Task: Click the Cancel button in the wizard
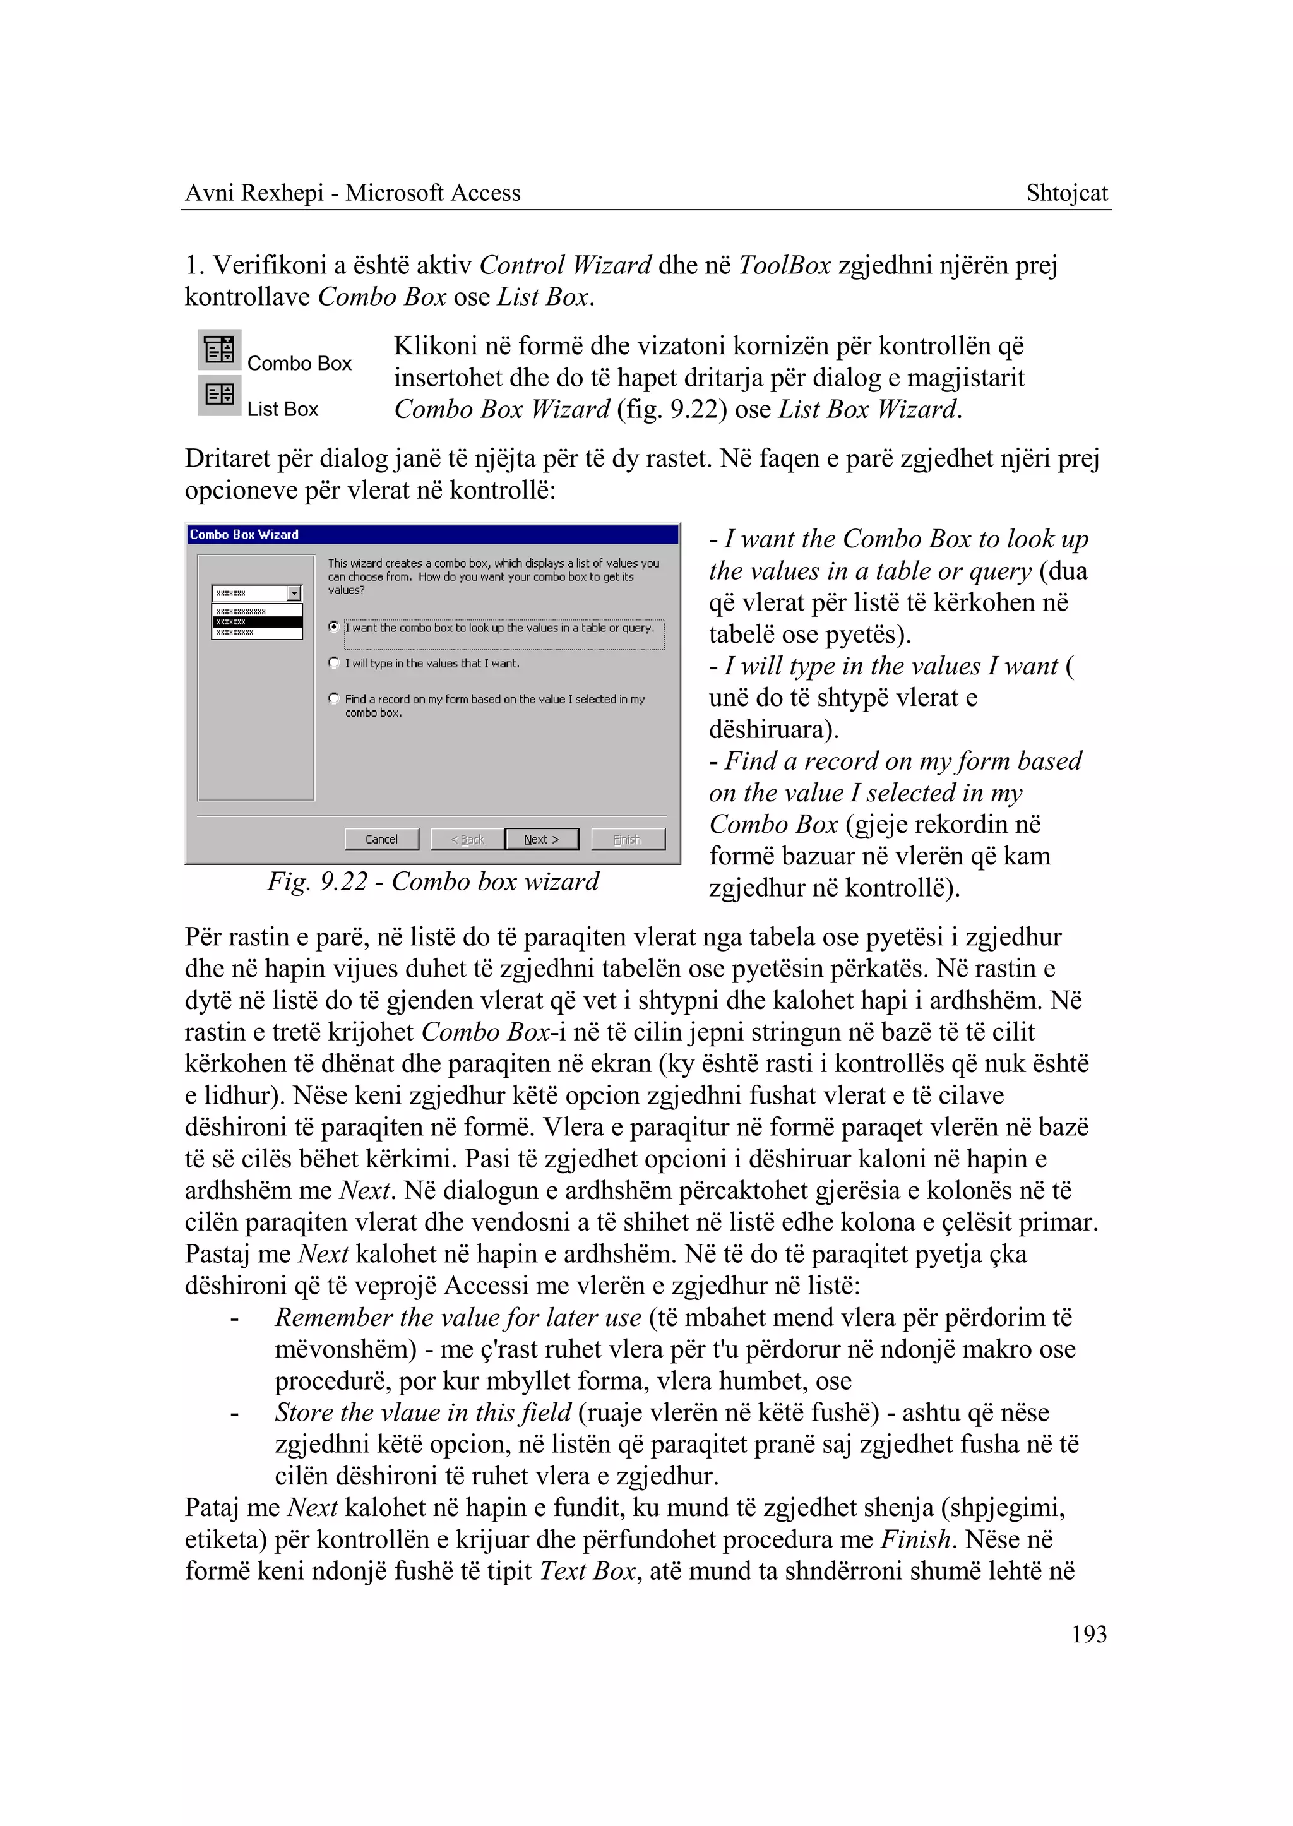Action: pyautogui.click(x=381, y=839)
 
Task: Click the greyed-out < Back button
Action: pyautogui.click(x=467, y=839)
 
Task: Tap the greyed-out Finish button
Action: pyautogui.click(x=628, y=839)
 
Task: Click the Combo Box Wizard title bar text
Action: pyautogui.click(x=244, y=534)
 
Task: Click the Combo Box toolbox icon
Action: pyautogui.click(x=220, y=350)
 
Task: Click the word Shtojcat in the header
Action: pyautogui.click(x=1066, y=193)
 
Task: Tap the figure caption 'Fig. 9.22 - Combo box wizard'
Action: pyautogui.click(x=432, y=881)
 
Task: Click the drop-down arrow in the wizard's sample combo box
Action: pyautogui.click(x=295, y=594)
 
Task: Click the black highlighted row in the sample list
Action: pyautogui.click(x=256, y=622)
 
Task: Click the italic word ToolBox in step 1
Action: pyautogui.click(x=784, y=265)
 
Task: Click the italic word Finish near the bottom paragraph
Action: pyautogui.click(x=915, y=1539)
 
